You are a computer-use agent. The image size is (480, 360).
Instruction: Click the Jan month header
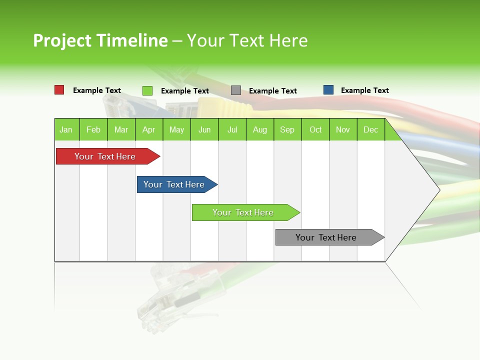66,129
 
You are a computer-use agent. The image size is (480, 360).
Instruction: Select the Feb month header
93,129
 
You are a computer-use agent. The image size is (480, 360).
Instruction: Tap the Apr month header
149,129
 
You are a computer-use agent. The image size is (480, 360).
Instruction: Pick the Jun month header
204,129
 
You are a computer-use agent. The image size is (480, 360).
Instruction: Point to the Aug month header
260,129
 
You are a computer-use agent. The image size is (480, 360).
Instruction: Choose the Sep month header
287,129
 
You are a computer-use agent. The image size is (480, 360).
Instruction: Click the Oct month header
315,129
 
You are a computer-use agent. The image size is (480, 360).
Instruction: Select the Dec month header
371,129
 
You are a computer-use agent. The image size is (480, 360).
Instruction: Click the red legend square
59,90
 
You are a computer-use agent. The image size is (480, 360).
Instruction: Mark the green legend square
147,90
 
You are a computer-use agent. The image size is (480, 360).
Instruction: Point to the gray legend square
236,90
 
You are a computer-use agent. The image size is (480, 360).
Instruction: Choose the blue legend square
328,90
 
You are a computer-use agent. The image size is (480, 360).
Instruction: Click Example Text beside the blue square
364,90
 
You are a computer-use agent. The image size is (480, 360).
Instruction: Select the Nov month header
343,129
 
